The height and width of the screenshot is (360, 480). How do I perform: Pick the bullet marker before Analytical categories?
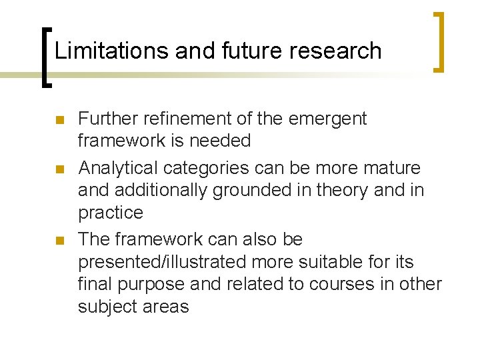click(x=58, y=169)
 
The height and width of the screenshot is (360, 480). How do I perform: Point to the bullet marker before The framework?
click(x=58, y=241)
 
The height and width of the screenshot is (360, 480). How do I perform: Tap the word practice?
click(x=111, y=213)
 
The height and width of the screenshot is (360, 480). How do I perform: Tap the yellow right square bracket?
click(x=439, y=41)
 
